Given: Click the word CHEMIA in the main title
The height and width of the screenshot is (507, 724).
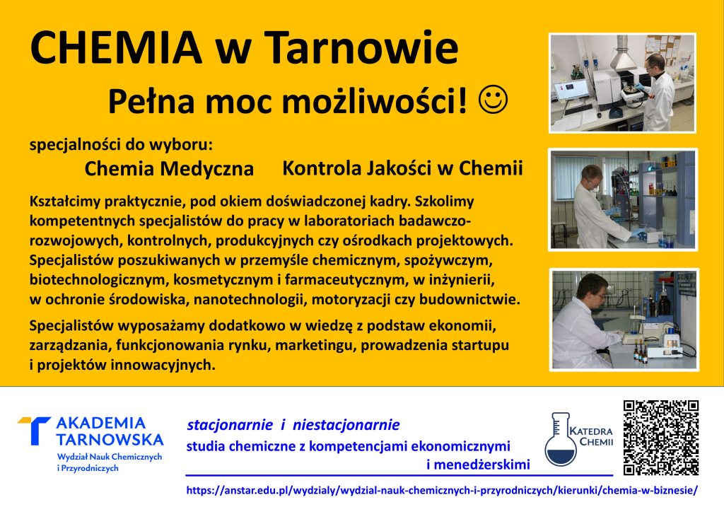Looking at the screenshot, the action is point(116,47).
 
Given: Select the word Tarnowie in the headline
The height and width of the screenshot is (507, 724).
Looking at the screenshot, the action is point(362,47).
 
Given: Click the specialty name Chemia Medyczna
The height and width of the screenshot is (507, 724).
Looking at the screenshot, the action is point(169,169).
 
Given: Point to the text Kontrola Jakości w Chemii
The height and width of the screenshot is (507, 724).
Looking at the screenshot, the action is point(402,168).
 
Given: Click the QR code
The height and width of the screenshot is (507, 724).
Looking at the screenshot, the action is point(661,437).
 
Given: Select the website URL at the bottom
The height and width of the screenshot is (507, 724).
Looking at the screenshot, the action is point(442,490).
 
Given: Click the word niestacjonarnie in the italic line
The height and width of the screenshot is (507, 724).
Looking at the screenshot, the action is point(346,425).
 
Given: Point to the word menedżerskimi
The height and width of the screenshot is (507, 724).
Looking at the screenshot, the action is point(478,464).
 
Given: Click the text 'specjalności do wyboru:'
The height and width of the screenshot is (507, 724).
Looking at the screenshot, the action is point(121,144).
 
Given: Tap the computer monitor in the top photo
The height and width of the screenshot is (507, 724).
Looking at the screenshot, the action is point(571,89).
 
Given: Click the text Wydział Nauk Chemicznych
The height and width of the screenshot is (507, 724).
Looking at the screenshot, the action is point(110,457).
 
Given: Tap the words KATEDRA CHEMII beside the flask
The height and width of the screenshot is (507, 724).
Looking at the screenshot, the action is point(591,436).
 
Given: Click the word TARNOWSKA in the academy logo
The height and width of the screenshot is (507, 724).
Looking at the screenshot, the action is point(110,440).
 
